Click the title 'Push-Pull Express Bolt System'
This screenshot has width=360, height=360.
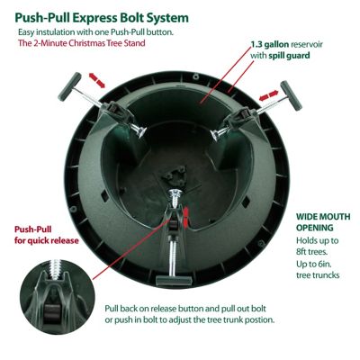point(102,18)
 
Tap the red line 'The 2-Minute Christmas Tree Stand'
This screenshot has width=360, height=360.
point(82,43)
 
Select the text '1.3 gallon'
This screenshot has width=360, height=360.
point(270,45)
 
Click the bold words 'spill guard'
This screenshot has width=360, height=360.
point(289,56)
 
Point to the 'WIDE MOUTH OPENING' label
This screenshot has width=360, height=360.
point(323,222)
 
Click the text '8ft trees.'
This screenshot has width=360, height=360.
point(311,251)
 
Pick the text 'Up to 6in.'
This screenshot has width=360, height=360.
point(314,264)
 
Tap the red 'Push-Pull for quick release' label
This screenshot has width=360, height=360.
point(47,235)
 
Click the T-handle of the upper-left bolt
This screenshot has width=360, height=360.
point(69,86)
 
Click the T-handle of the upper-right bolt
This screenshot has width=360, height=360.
point(291,95)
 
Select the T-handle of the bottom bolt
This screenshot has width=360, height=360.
point(174,281)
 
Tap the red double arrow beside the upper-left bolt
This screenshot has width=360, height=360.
point(97,80)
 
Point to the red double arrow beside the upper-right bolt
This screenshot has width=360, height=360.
point(269,96)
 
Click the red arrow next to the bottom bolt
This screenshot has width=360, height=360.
point(186,216)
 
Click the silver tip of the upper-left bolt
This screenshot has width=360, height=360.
point(139,130)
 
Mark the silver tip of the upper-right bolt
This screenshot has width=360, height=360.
point(217,134)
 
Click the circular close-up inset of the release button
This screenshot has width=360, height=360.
point(58,296)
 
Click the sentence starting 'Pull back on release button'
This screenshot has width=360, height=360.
point(190,314)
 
